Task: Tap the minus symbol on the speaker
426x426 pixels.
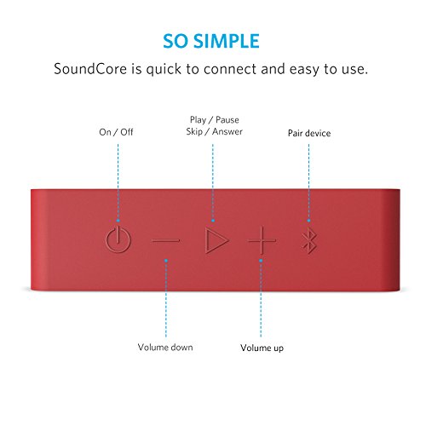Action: click(x=166, y=241)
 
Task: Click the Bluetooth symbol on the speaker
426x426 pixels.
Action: click(x=308, y=241)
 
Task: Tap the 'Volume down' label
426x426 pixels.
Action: click(x=165, y=347)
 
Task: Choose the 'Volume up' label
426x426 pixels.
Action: click(x=262, y=348)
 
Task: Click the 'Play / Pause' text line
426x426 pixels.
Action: click(x=215, y=119)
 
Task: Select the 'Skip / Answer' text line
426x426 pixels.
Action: click(x=215, y=133)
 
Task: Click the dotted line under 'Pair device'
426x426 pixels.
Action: click(x=308, y=183)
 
